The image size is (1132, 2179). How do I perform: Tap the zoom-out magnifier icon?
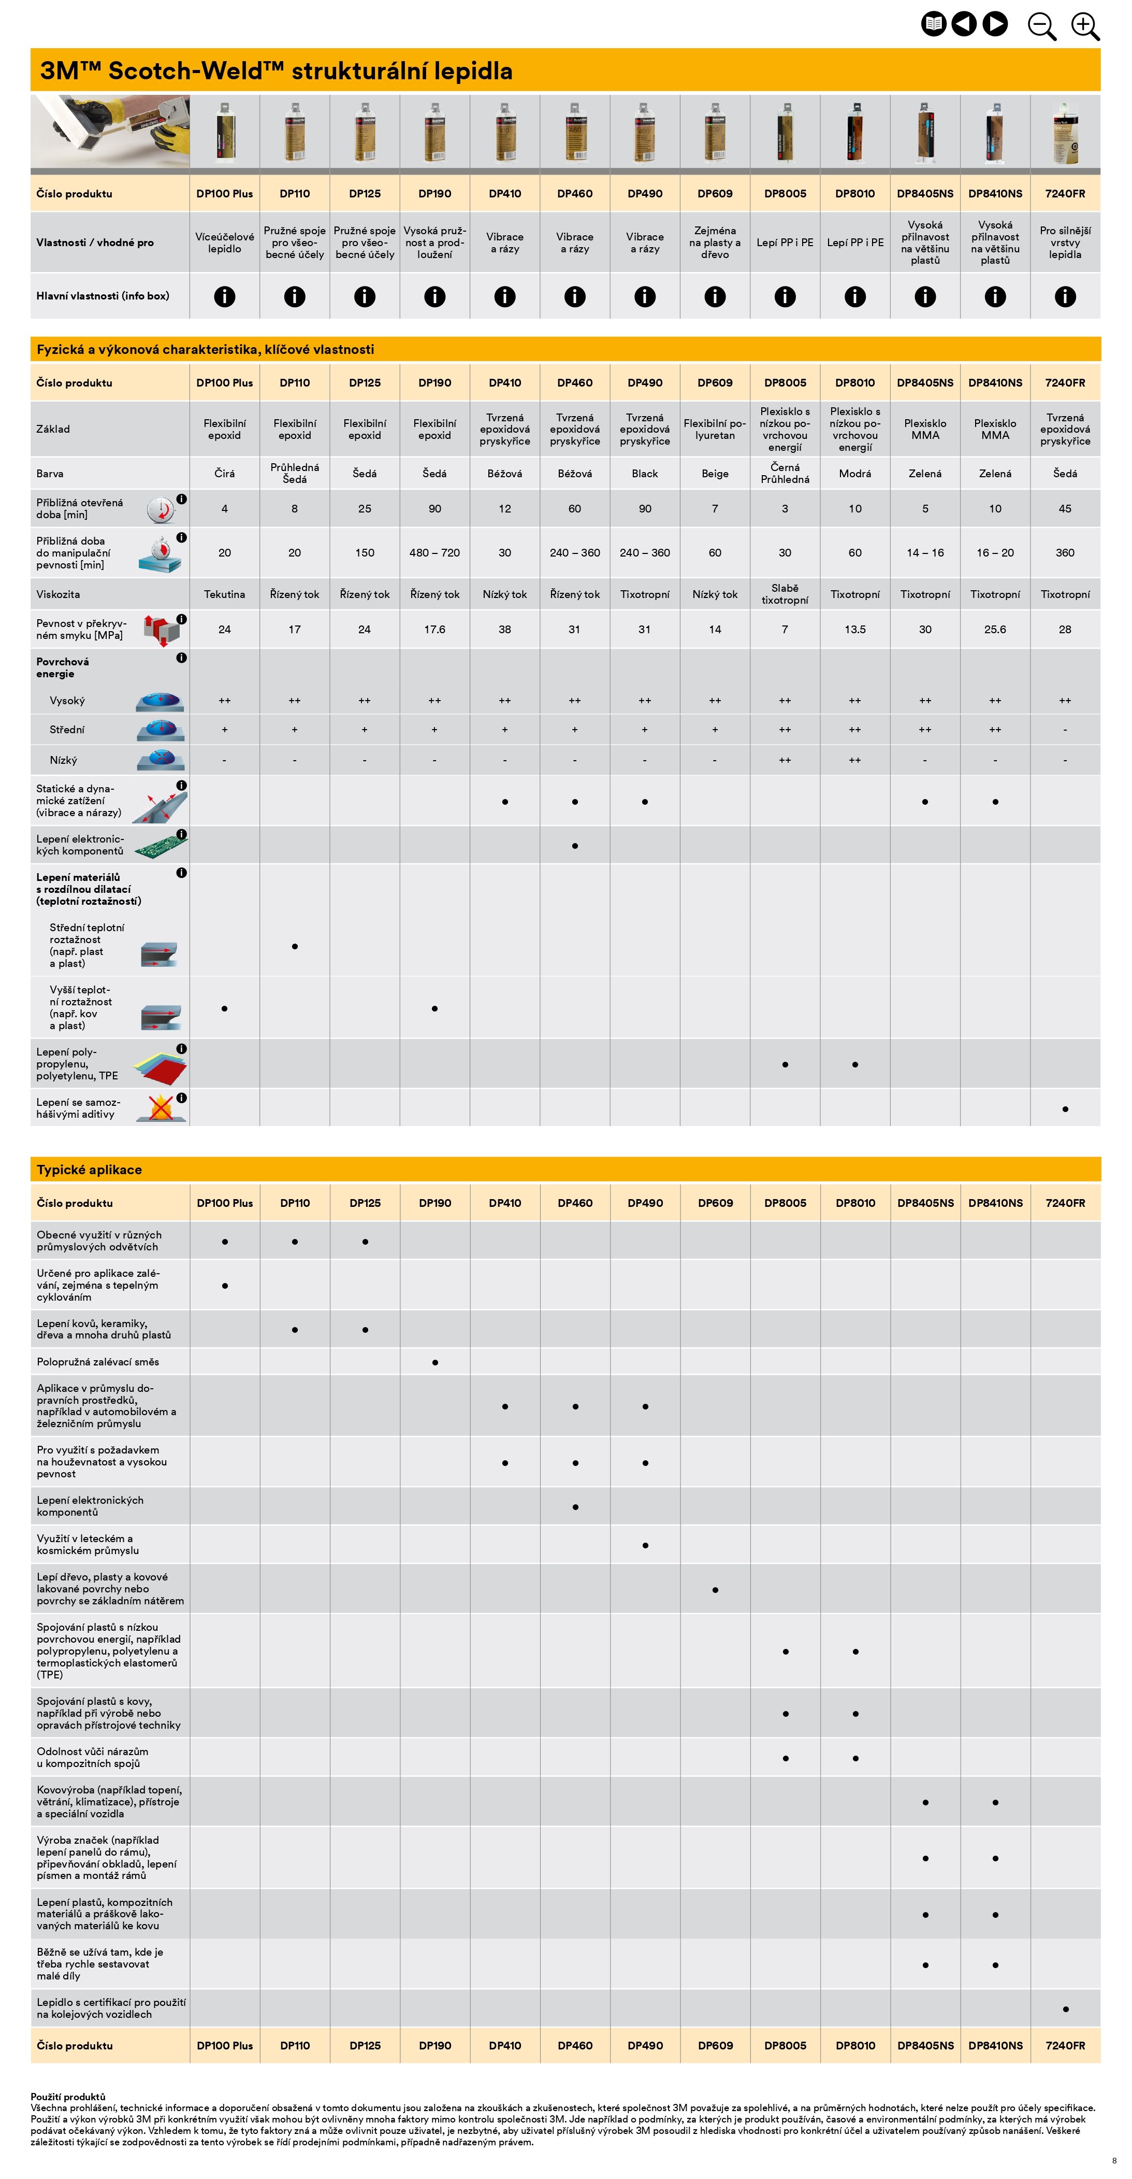tap(1041, 25)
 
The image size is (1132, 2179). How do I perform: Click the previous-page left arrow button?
tap(964, 24)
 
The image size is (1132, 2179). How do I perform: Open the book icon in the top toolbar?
tap(933, 24)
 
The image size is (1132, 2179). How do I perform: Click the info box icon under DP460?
tap(575, 296)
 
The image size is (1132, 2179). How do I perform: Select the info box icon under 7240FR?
tap(1065, 296)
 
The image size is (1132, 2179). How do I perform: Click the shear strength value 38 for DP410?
tap(505, 629)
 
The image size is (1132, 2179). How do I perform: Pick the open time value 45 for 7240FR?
tap(1065, 508)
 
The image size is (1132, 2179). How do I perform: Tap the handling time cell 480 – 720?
tap(434, 552)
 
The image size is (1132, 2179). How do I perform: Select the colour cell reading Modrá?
tap(855, 474)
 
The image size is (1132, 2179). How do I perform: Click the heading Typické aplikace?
tap(89, 1169)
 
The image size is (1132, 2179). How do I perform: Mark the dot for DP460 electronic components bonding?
tap(575, 846)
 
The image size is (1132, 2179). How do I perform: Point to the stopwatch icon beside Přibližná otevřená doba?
tap(161, 510)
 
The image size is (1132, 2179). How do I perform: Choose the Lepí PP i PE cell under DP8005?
tap(785, 243)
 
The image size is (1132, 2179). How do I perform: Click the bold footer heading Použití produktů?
tap(68, 2097)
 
